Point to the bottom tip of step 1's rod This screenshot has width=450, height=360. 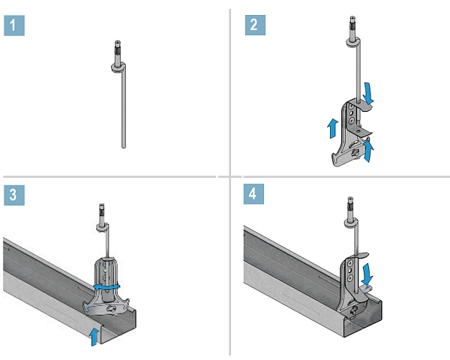(122, 146)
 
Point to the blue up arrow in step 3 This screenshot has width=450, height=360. (91, 335)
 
